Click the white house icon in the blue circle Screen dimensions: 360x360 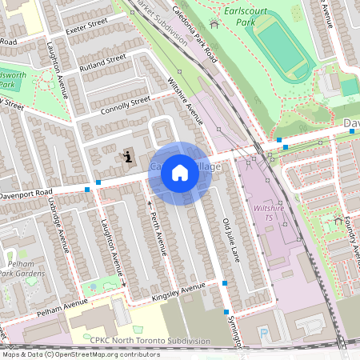[x=180, y=173]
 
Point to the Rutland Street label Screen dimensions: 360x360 [x=103, y=63]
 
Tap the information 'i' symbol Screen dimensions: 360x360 [x=127, y=156]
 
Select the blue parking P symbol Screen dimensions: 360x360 [x=263, y=334]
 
